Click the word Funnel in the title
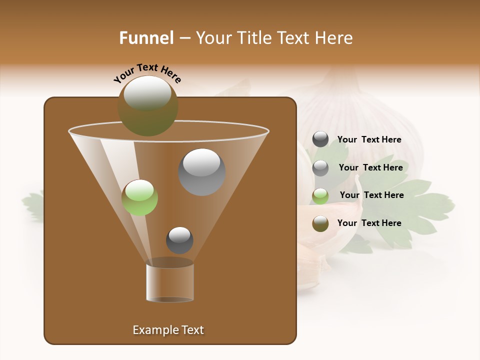click(146, 37)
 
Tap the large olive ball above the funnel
click(147, 105)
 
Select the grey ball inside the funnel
click(201, 172)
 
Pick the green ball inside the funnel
click(140, 197)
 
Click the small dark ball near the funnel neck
click(179, 240)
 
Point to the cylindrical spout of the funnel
click(170, 283)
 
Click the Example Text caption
click(168, 330)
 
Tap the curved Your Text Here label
click(147, 73)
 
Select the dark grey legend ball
click(320, 139)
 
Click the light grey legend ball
click(320, 167)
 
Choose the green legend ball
click(320, 195)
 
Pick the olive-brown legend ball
click(320, 223)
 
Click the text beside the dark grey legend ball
click(369, 139)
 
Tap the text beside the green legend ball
click(371, 195)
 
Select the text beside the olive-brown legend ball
click(369, 223)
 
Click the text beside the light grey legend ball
click(370, 167)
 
